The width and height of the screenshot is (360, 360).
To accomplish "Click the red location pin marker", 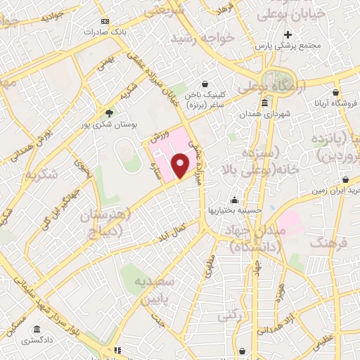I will tap(181, 165).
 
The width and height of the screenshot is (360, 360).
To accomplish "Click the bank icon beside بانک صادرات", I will tap(105, 22).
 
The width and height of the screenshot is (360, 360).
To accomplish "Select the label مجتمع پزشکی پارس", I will tap(288, 45).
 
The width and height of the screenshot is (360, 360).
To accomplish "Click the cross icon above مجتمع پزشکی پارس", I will tap(288, 34).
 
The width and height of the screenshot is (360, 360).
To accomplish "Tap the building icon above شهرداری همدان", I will tap(264, 103).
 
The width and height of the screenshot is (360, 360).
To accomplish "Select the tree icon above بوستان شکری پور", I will tap(108, 112).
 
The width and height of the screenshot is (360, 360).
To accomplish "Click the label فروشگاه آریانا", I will tap(336, 103).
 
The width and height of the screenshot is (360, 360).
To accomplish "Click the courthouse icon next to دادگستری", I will tap(36, 329).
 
